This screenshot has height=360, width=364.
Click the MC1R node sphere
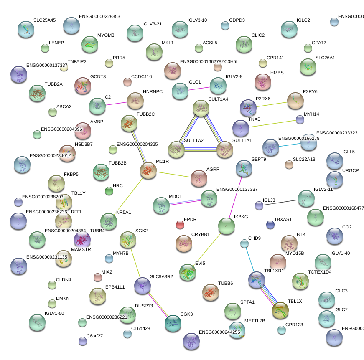(x=148, y=170)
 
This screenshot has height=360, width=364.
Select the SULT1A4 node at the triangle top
(x=201, y=108)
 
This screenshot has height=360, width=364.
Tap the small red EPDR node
(x=180, y=225)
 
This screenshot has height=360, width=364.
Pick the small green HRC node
(x=109, y=191)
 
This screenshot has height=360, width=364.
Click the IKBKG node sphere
(x=227, y=226)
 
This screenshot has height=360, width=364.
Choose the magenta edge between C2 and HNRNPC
(x=116, y=103)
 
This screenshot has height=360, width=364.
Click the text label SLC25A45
(x=44, y=20)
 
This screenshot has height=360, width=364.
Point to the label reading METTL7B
(x=255, y=321)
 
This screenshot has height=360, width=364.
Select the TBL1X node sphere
(x=280, y=310)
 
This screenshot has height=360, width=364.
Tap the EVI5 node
(x=188, y=272)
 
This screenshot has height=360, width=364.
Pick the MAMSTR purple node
(x=82, y=240)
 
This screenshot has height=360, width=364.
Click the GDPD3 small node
(x=225, y=26)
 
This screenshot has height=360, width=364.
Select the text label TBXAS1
(x=283, y=219)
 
